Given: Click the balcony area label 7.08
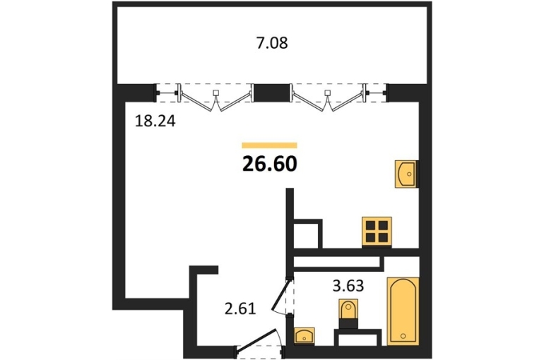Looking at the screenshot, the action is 272,44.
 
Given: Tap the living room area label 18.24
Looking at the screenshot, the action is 155,121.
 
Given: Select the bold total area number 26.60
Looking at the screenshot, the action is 270,164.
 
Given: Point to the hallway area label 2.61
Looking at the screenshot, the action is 240,308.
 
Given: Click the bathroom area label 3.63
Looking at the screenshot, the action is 348,286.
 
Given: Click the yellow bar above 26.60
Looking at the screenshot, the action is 270,145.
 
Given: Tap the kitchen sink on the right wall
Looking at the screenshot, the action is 406,174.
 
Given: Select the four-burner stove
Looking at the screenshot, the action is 377,232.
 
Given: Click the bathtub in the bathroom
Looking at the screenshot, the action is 403,311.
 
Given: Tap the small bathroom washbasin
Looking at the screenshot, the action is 304,336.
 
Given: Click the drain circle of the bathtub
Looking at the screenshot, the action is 403,335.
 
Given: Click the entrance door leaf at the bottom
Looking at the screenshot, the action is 258,341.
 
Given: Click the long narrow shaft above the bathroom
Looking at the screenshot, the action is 336,262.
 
